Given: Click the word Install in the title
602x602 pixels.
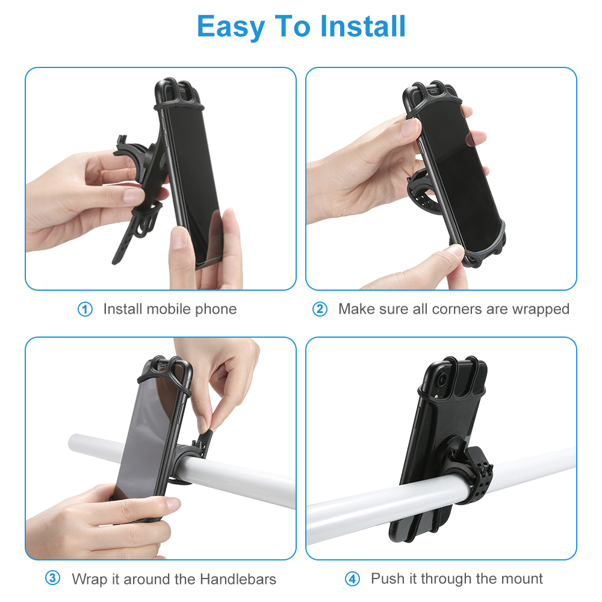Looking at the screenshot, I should pos(363,26).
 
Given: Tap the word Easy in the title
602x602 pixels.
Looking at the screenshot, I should pos(231,26).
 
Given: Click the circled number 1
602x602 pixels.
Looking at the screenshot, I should pos(85,309).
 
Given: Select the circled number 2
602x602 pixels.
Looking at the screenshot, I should pos(320,309).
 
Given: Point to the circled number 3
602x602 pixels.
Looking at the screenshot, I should pos(53,579).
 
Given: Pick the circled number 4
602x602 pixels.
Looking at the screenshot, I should pos(352,579).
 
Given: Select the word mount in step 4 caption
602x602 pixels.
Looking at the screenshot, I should pos(522,579).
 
